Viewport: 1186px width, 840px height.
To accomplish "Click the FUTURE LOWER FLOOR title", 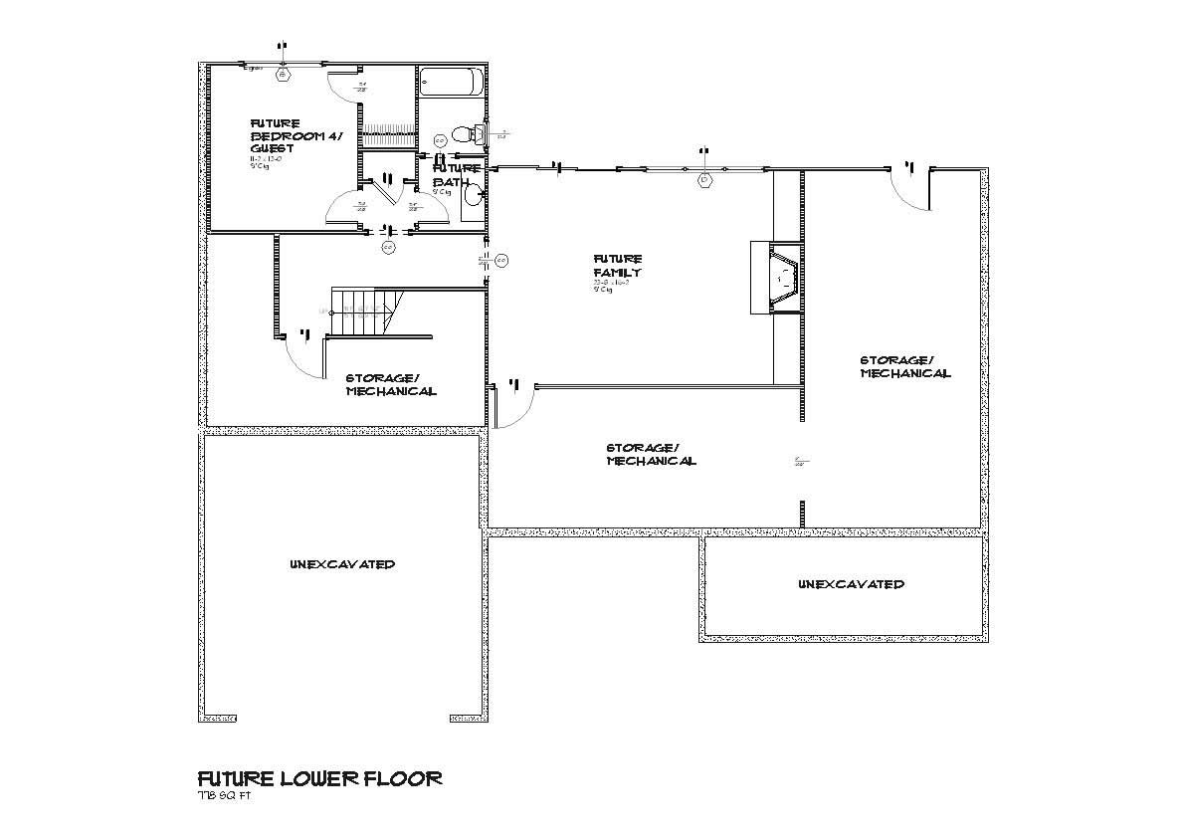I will (319, 778).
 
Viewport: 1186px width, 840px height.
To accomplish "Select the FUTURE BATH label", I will (456, 175).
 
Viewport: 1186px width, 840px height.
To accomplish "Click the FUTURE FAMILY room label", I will (617, 266).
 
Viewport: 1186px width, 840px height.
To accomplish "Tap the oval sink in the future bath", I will (475, 194).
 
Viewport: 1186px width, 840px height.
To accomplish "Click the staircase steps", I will (362, 313).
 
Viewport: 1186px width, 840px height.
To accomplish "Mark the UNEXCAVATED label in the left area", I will (342, 564).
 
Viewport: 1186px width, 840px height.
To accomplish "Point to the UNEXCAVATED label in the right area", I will (851, 584).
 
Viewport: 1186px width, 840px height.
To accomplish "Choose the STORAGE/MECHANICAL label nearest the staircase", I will (390, 384).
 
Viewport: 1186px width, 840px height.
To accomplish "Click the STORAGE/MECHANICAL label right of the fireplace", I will (904, 366).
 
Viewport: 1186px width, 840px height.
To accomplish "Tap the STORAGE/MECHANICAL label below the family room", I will (651, 454).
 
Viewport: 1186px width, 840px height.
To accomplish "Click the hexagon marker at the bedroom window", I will (284, 74).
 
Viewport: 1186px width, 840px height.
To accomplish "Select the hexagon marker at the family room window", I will (704, 180).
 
